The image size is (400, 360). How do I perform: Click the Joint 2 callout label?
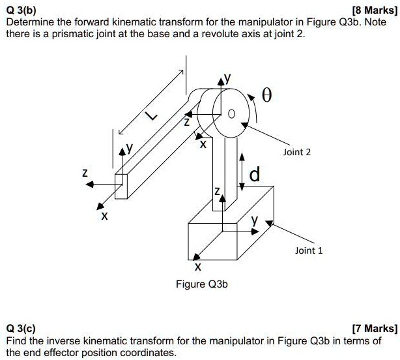(x=297, y=152)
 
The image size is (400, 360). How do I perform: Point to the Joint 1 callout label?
(x=308, y=250)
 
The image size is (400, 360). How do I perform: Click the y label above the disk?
(x=227, y=78)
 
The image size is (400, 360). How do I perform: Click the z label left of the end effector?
(x=84, y=173)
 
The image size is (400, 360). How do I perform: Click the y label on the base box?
(x=257, y=221)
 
